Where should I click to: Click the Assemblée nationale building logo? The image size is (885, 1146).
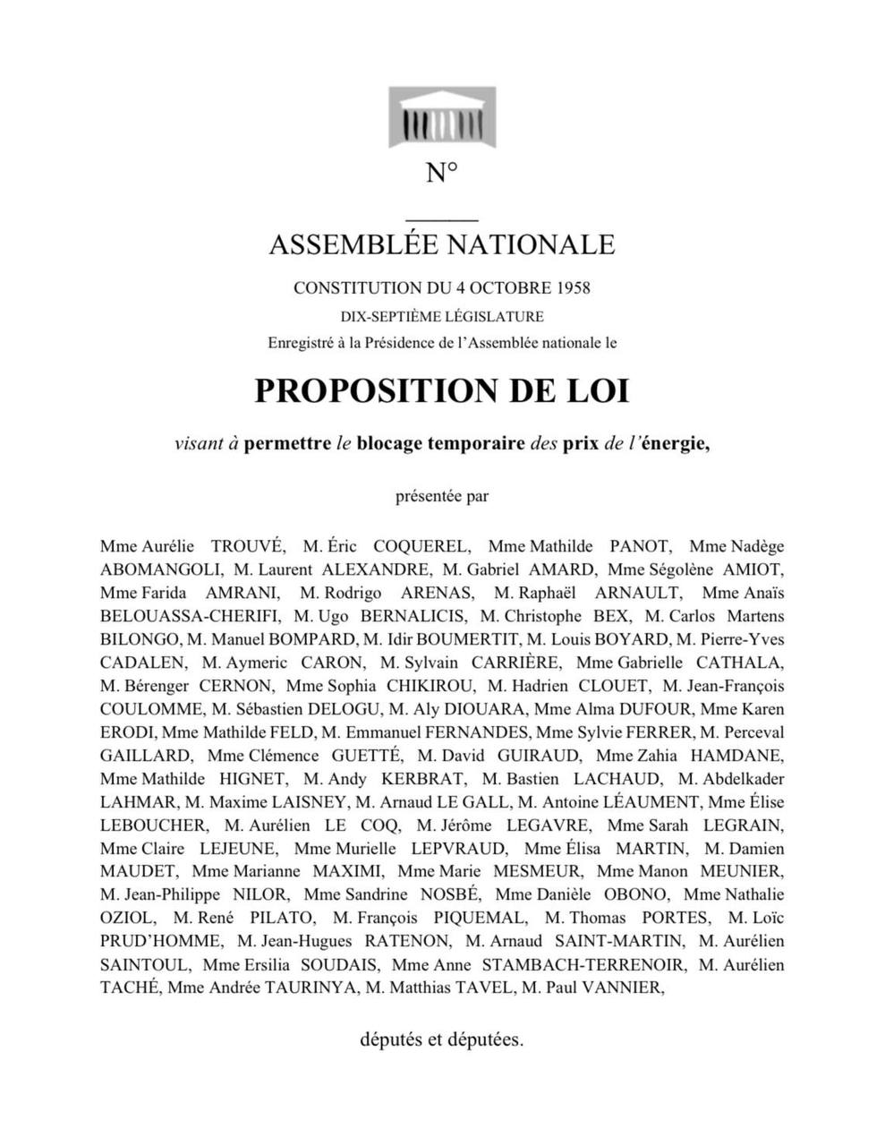coord(441,117)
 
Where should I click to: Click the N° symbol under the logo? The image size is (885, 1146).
coord(442,173)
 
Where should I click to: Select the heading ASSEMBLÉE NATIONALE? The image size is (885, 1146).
coord(442,244)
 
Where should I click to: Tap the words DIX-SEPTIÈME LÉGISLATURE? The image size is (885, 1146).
coord(442,316)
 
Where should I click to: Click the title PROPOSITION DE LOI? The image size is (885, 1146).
coord(442,391)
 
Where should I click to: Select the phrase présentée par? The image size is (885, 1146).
coord(442,496)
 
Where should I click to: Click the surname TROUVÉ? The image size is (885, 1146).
coord(247,546)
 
